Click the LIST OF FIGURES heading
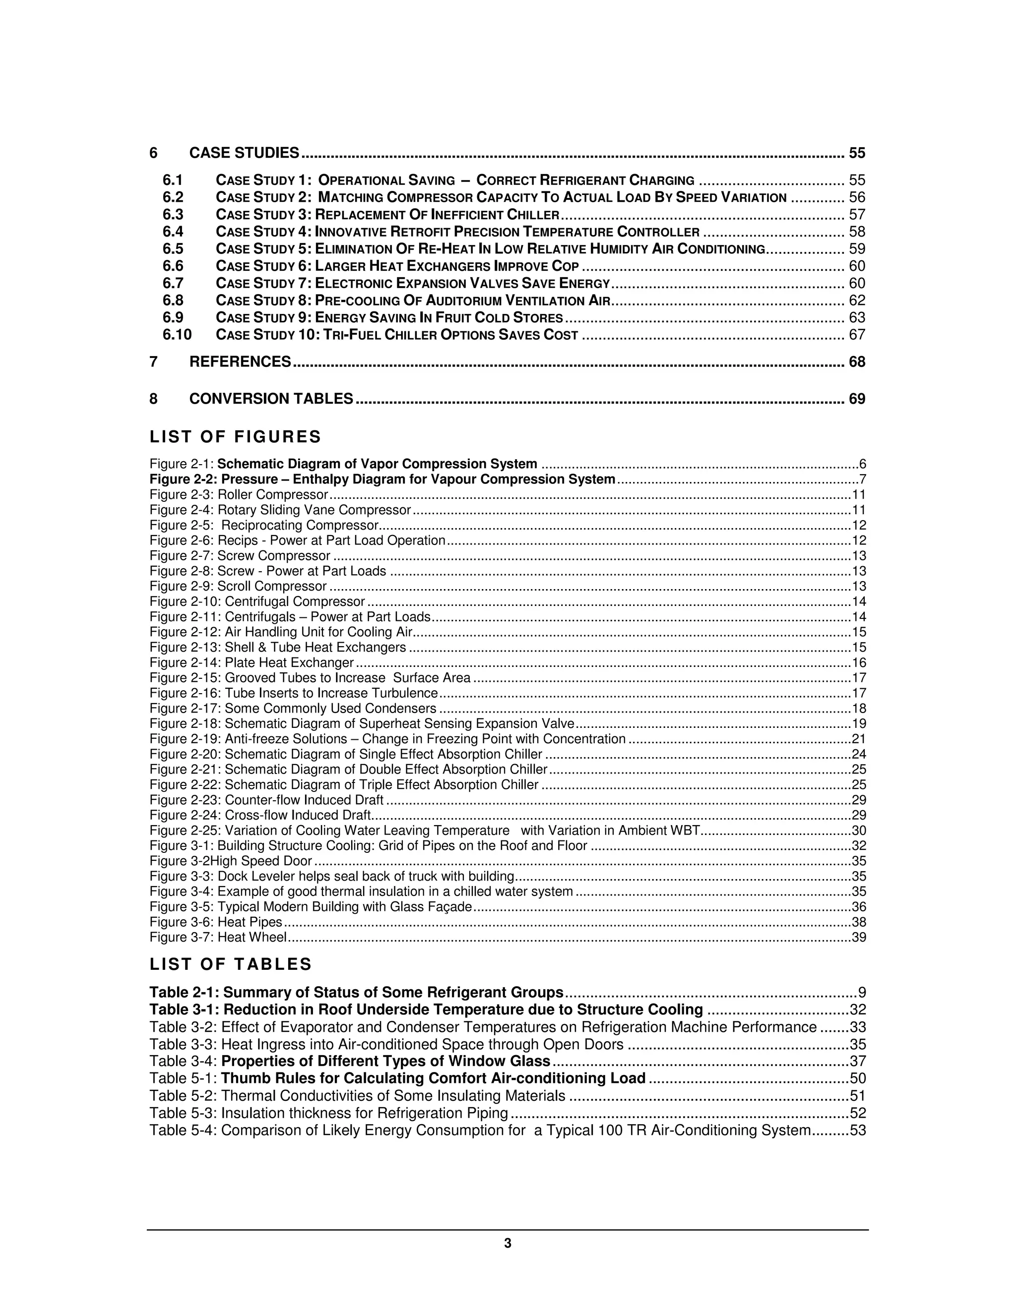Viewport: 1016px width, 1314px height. (x=235, y=436)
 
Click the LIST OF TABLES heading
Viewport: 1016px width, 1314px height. (x=231, y=964)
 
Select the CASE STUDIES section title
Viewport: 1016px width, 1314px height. (x=244, y=153)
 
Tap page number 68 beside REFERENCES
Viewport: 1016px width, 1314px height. (x=856, y=361)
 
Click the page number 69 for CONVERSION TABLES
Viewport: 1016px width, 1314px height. (x=856, y=399)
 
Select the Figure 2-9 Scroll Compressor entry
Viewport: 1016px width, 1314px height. (x=238, y=586)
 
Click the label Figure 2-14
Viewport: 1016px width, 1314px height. (x=186, y=662)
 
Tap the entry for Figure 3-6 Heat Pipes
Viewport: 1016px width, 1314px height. (x=215, y=922)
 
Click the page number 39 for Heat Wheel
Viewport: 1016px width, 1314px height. (x=859, y=937)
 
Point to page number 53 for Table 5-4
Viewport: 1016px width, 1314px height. (x=858, y=1130)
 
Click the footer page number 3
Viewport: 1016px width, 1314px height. (x=508, y=1243)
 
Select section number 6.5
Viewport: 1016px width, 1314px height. (x=173, y=249)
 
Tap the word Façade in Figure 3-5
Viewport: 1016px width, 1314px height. (x=451, y=907)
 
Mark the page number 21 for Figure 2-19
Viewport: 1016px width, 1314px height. (x=859, y=739)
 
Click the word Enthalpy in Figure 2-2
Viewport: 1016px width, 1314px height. (x=318, y=479)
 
